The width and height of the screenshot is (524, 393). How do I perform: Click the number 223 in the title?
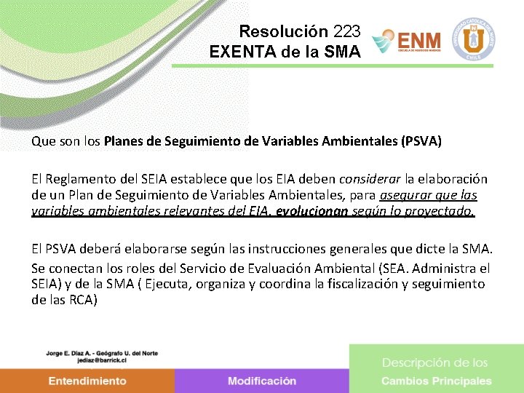click(347, 32)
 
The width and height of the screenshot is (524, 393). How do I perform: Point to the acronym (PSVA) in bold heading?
click(421, 141)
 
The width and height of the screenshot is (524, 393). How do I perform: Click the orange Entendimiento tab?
click(87, 381)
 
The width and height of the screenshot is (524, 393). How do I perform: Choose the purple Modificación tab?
click(261, 381)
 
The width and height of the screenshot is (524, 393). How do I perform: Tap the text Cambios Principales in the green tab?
click(436, 381)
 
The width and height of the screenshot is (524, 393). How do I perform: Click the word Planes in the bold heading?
click(124, 141)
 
